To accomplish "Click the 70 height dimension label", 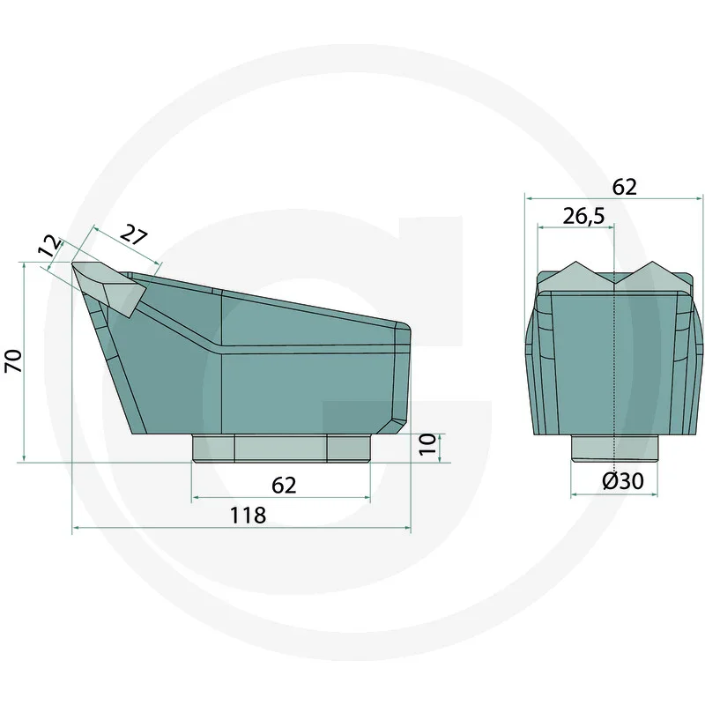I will pos(13,361).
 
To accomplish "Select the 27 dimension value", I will pos(133,236).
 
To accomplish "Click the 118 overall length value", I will pos(248,516).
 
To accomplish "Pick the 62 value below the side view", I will pos(283,485).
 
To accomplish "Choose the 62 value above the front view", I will pos(623,187).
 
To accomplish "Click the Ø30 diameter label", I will pos(622,481).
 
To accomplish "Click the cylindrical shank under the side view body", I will pos(280,448).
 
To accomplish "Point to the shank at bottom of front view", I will pos(614,448).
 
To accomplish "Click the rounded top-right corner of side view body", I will pos(406,328).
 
